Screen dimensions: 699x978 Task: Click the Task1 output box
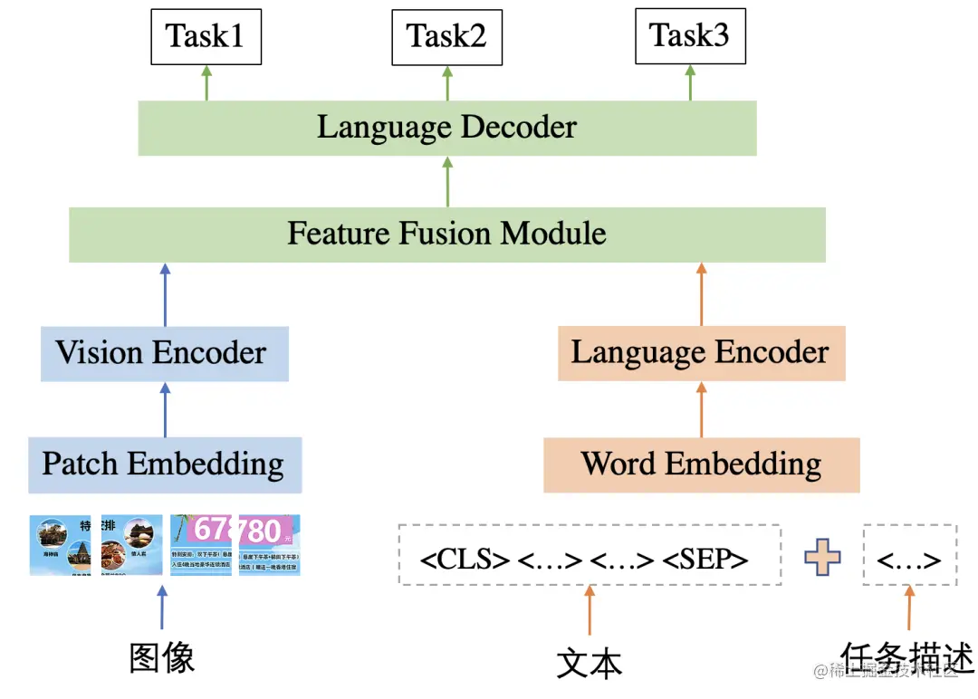tap(206, 37)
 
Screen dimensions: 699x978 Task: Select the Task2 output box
tap(446, 37)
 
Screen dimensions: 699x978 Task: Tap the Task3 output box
tap(690, 37)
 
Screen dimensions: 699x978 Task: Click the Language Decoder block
tap(446, 128)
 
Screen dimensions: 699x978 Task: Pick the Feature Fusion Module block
tap(446, 235)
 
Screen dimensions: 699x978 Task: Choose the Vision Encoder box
tap(164, 353)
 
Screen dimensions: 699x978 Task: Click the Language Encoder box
tap(700, 353)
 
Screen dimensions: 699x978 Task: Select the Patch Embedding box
tap(164, 464)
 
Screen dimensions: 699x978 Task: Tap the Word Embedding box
tap(701, 464)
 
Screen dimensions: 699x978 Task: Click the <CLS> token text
tap(465, 560)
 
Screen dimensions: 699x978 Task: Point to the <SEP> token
tap(705, 560)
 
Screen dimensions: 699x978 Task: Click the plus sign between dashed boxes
tap(822, 558)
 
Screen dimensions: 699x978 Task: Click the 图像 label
tap(162, 658)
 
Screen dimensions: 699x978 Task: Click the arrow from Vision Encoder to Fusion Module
tap(164, 295)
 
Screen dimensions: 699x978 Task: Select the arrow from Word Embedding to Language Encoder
tap(701, 409)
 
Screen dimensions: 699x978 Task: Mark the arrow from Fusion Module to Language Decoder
tap(446, 181)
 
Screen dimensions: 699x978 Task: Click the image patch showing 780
tap(269, 544)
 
